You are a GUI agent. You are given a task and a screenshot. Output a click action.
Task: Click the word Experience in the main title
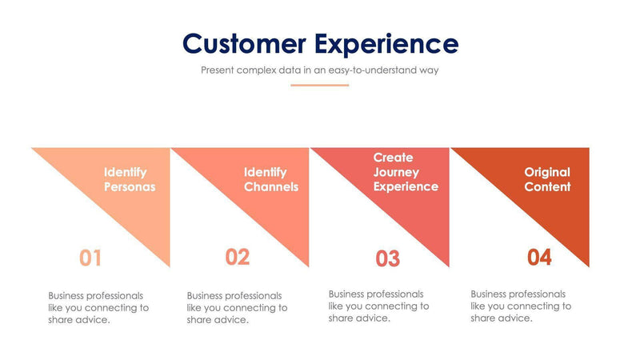coord(386,43)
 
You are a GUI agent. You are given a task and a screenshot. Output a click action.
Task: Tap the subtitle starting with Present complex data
coord(320,70)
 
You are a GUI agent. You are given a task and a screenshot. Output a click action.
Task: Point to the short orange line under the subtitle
coord(320,85)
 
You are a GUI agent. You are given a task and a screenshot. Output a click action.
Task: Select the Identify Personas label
coord(130,179)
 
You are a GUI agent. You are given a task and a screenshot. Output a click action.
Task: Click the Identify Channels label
coord(271,179)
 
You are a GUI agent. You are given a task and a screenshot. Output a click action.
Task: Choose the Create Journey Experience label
coord(406,172)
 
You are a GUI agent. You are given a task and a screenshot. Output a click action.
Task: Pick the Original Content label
coord(547,179)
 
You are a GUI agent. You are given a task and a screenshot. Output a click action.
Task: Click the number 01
coord(90,258)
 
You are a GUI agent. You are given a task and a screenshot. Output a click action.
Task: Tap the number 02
coord(238,257)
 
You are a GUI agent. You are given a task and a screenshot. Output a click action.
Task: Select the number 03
coord(387,259)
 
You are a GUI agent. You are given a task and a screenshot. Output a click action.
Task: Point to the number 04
coord(539,258)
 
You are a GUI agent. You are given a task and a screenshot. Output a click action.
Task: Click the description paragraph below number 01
coord(98,307)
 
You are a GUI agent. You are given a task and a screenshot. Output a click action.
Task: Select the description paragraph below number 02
coord(237,307)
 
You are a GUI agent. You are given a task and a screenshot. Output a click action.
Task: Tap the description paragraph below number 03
coord(378,306)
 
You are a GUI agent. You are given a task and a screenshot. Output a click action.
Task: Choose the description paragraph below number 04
coord(521,306)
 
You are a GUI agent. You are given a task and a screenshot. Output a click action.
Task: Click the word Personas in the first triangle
coord(130,187)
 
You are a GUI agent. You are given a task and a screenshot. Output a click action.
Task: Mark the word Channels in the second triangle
coord(271,187)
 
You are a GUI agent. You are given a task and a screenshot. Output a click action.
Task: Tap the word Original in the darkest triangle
coord(547,172)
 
